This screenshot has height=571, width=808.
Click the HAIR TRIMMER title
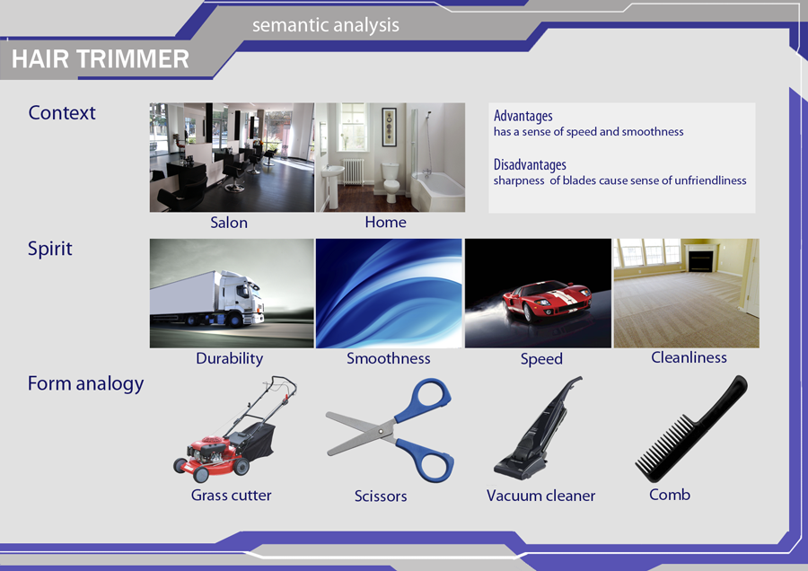[x=101, y=58]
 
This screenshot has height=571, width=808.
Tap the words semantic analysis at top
[x=326, y=25]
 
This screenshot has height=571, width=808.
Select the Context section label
[x=62, y=112]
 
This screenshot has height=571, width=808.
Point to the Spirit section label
[x=50, y=249]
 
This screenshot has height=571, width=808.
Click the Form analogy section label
[x=85, y=384]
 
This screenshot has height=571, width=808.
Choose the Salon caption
[x=229, y=223]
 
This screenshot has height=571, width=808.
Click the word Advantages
[x=523, y=116]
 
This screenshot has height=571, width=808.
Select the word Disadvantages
[x=530, y=164]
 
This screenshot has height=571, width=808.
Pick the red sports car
[x=546, y=301]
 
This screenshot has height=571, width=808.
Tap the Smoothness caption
[x=389, y=358]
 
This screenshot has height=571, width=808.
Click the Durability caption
[x=229, y=358]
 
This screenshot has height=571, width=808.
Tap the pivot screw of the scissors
[x=381, y=430]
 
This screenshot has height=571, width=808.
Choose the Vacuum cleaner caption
[x=541, y=496]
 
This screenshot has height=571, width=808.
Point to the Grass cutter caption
[x=231, y=496]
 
